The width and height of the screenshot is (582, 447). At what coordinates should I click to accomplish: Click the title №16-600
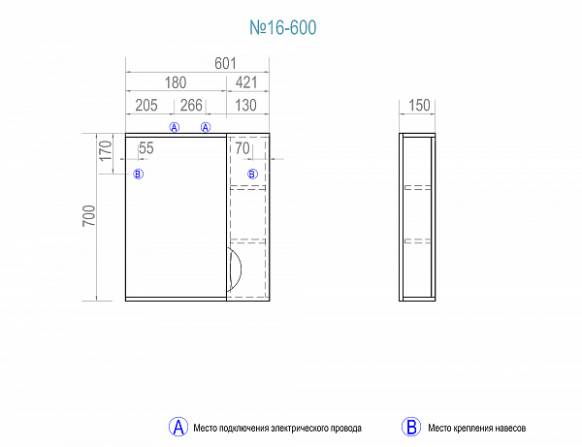point(283,27)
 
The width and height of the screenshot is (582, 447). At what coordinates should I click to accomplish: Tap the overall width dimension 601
point(225,63)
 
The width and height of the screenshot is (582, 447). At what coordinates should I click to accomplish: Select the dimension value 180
point(176,82)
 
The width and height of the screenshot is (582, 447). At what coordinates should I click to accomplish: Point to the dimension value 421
point(246,82)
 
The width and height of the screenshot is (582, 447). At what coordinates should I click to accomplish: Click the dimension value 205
point(146,106)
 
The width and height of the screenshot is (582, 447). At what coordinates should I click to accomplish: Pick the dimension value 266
point(191,106)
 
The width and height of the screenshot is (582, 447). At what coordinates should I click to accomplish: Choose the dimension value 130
point(245,106)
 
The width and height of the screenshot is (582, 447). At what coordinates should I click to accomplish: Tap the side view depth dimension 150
point(419,106)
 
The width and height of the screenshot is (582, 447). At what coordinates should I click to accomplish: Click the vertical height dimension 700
point(89,215)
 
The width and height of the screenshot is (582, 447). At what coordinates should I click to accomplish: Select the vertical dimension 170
point(106,150)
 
